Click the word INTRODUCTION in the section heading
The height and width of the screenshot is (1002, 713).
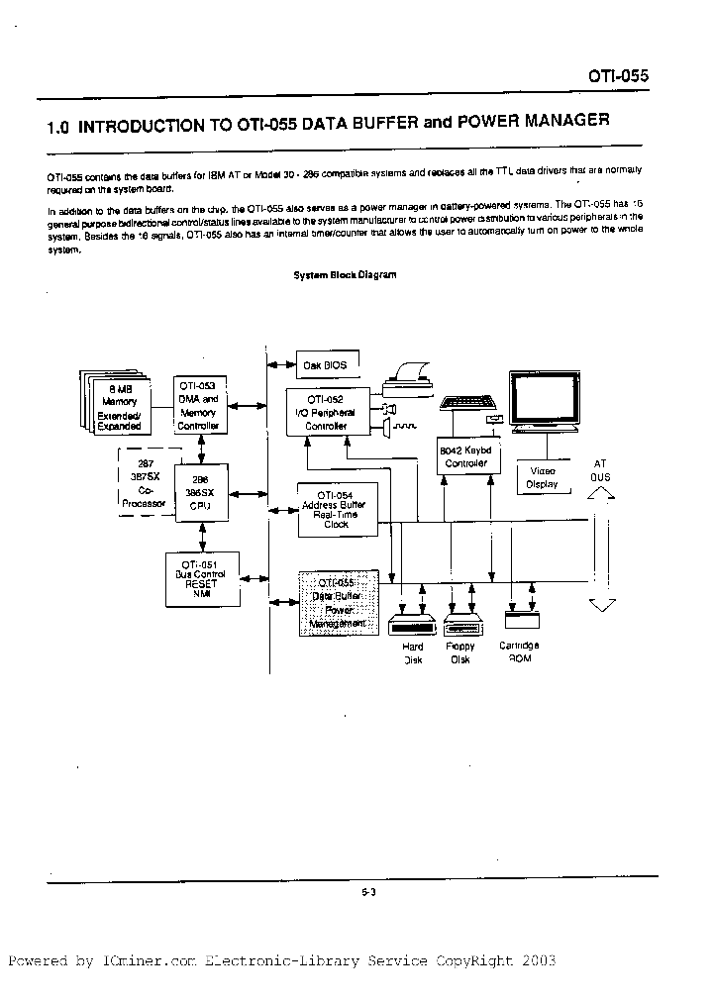click(154, 126)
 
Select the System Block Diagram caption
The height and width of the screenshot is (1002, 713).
click(345, 275)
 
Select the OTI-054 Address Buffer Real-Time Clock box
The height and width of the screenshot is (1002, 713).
click(333, 509)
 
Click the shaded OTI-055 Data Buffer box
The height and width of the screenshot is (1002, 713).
click(339, 603)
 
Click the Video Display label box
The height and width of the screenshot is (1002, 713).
click(543, 478)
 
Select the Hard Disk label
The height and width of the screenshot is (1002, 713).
click(412, 652)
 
